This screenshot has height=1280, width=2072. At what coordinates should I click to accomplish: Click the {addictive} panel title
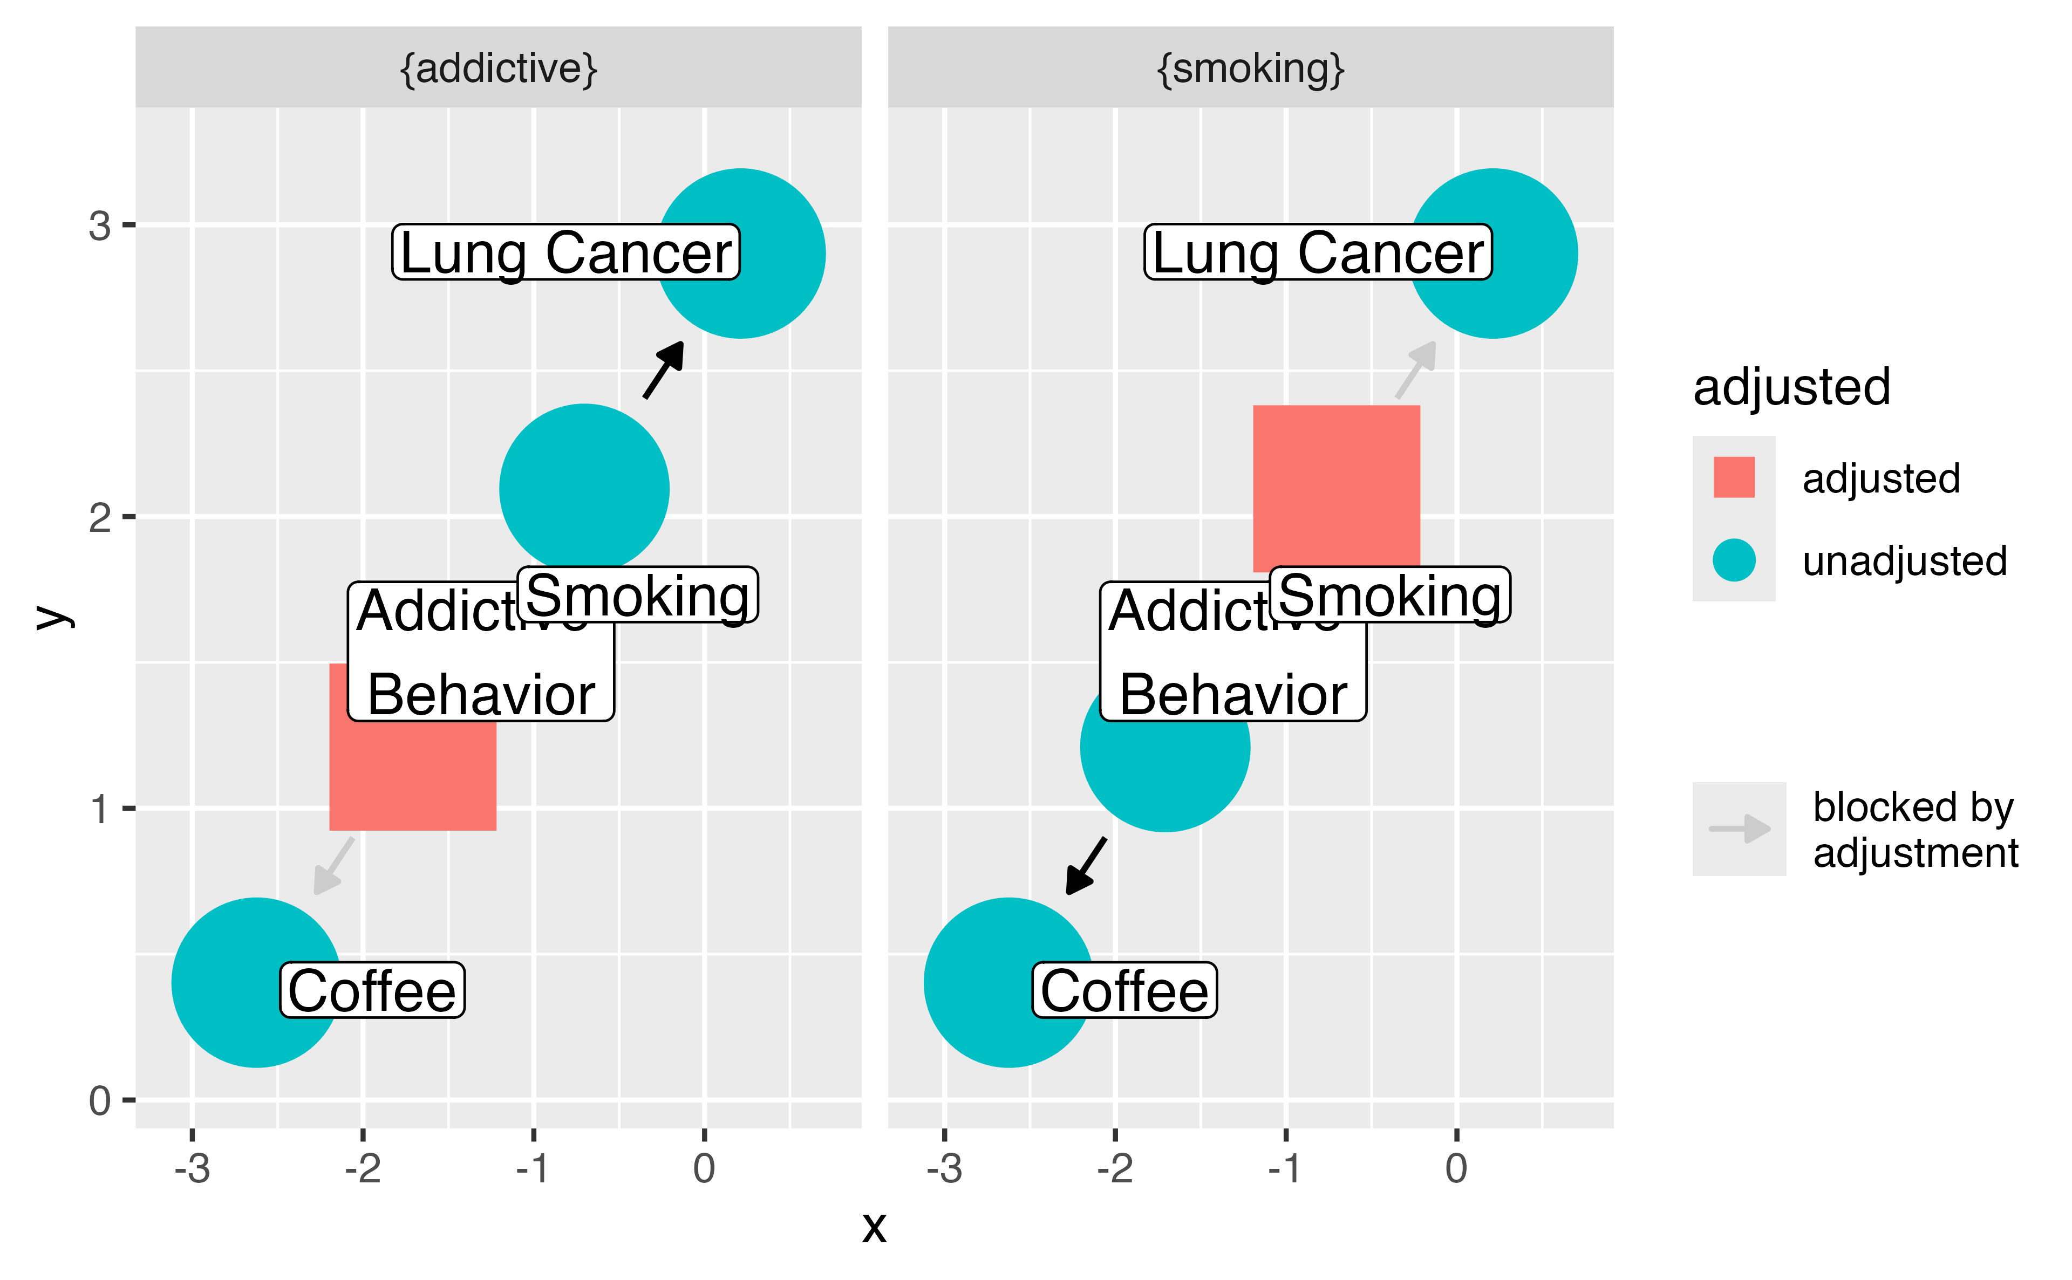pyautogui.click(x=498, y=69)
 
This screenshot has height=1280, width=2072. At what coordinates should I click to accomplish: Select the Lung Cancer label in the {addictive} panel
pyautogui.click(x=565, y=252)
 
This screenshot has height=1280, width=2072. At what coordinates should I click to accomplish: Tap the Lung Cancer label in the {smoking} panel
pyautogui.click(x=1318, y=252)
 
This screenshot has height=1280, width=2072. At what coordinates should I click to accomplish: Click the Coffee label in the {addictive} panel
pyautogui.click(x=372, y=990)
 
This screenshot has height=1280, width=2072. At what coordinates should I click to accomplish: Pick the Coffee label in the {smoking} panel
pyautogui.click(x=1124, y=990)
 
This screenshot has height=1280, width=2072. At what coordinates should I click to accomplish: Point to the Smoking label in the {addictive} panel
pyautogui.click(x=638, y=594)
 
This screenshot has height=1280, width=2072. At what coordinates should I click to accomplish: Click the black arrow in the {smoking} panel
pyautogui.click(x=1086, y=865)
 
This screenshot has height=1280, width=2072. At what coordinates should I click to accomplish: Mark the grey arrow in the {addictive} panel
pyautogui.click(x=333, y=865)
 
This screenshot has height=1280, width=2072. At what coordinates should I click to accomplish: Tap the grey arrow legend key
pyautogui.click(x=1739, y=828)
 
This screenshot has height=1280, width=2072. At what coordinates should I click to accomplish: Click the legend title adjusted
pyautogui.click(x=1791, y=388)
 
